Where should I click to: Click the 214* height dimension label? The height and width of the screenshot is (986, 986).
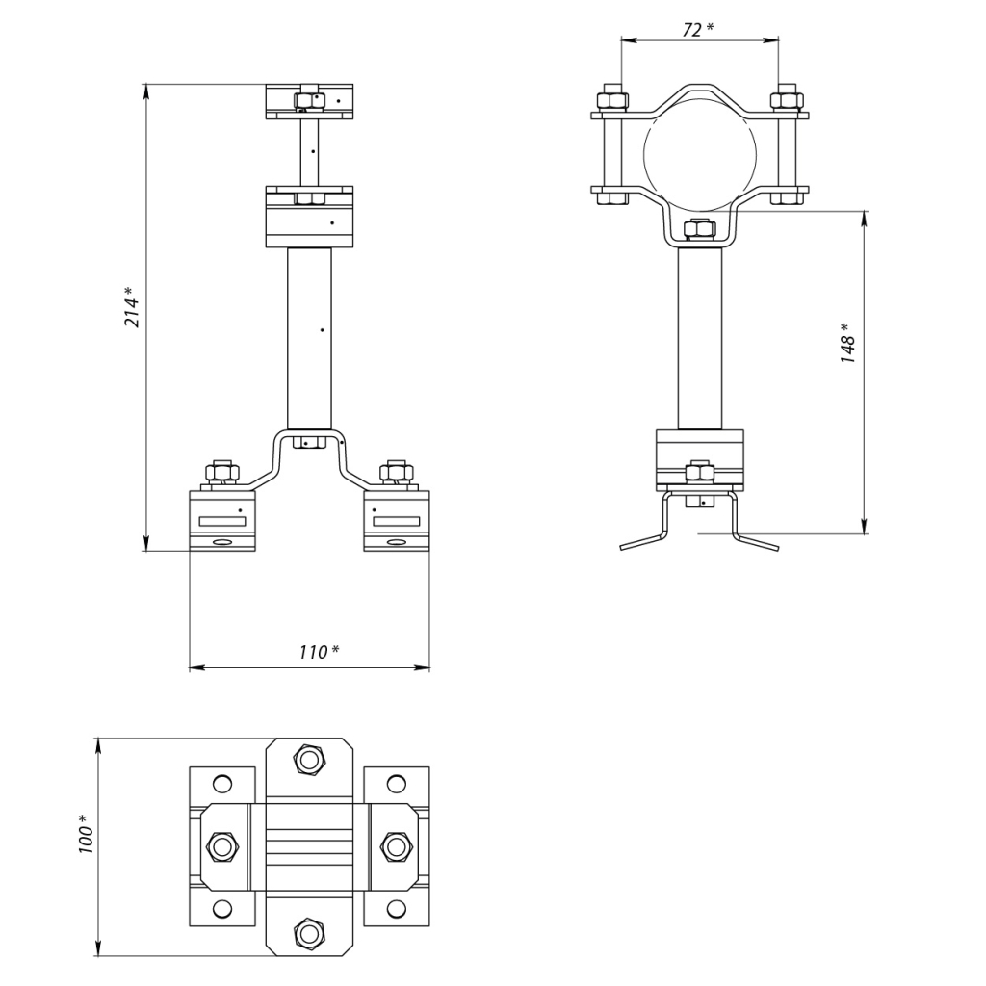pyautogui.click(x=133, y=307)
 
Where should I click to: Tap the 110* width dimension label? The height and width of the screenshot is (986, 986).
pyautogui.click(x=318, y=652)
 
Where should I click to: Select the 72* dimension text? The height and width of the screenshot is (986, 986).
pyautogui.click(x=697, y=30)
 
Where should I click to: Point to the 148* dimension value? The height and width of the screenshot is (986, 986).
pyautogui.click(x=847, y=343)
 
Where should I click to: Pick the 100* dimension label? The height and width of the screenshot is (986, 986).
pyautogui.click(x=86, y=833)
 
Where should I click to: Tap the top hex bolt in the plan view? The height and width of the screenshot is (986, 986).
pyautogui.click(x=308, y=761)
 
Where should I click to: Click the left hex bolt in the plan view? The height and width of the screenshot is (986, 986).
pyautogui.click(x=222, y=847)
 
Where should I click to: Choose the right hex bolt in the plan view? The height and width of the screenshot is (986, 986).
pyautogui.click(x=396, y=847)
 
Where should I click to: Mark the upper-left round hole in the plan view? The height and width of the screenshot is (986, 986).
pyautogui.click(x=222, y=782)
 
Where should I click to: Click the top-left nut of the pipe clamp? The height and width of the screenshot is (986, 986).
pyautogui.click(x=613, y=99)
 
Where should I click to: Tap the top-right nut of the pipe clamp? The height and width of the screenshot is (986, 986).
pyautogui.click(x=787, y=99)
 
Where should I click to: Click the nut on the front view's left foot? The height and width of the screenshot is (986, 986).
pyautogui.click(x=221, y=473)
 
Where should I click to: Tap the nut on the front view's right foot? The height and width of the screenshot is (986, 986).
pyautogui.click(x=397, y=473)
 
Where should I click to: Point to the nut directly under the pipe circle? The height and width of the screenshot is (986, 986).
pyautogui.click(x=698, y=231)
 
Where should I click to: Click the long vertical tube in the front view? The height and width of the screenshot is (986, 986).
pyautogui.click(x=309, y=337)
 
